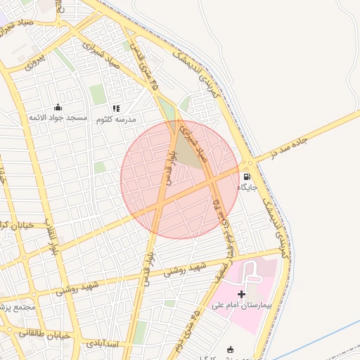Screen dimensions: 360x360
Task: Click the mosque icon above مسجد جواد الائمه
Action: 58,108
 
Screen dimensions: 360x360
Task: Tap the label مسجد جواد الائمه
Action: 58,117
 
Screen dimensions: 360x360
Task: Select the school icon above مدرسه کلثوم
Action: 116,109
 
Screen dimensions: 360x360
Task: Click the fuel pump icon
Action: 247,176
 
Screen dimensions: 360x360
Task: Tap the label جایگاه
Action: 247,188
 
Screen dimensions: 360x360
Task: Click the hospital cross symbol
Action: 241,293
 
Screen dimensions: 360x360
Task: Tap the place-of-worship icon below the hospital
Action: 230,349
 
